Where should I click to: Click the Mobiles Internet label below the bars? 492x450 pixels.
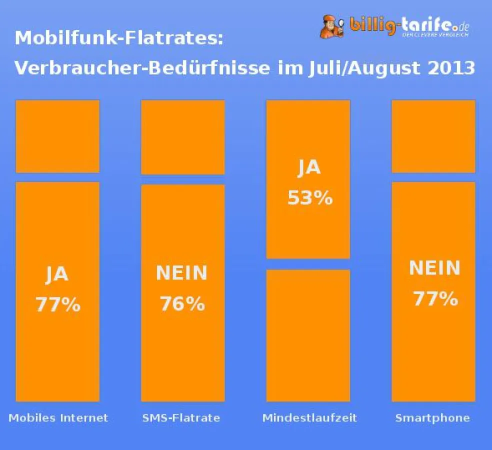pos(58,417)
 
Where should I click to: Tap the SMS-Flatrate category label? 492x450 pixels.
pos(181,417)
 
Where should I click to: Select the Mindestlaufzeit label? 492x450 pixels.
pos(309,417)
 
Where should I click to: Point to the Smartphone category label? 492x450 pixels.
pos(432,417)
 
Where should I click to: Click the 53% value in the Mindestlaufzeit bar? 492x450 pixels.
pos(309,198)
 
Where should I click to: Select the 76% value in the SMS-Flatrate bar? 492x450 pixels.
pos(182,303)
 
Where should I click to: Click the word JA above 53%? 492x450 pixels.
pos(309,168)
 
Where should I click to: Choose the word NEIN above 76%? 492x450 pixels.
pos(182,273)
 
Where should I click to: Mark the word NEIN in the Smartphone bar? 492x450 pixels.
pos(434,268)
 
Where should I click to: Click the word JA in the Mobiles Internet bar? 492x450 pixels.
pos(57,274)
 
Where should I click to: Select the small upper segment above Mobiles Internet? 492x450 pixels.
pos(57,136)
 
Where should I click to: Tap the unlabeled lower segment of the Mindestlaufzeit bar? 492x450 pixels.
pos(308,335)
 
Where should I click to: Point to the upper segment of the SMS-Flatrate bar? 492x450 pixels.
pos(182,137)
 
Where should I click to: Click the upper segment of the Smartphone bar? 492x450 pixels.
pos(433,136)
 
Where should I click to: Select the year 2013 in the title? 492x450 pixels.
pos(450,67)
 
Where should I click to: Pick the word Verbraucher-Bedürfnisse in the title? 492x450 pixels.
pos(142,67)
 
